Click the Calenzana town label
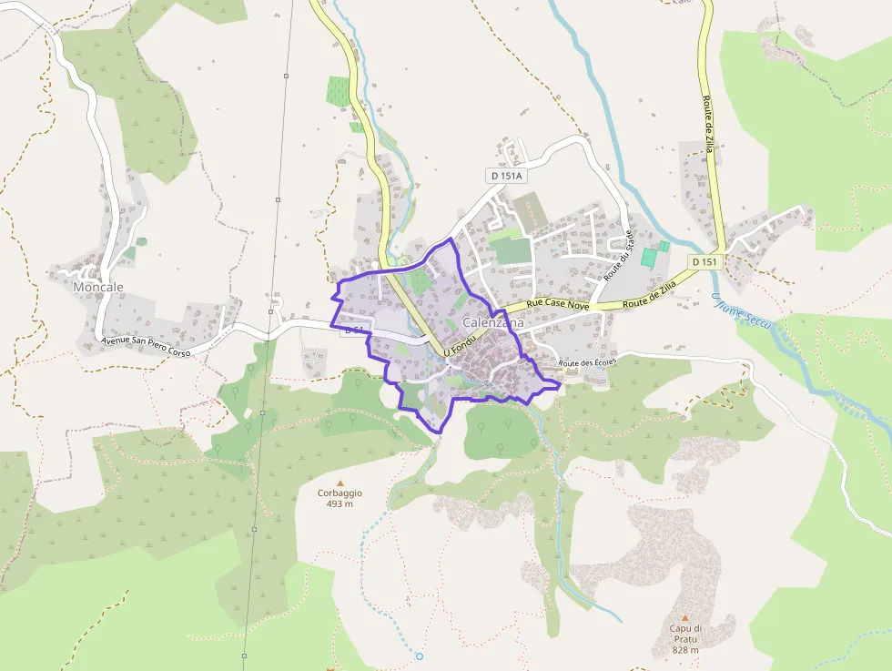tap(492, 323)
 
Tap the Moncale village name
tap(97, 287)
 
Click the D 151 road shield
tap(704, 262)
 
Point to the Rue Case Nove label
tap(559, 306)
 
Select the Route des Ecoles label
tap(587, 362)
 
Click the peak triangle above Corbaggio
tap(340, 483)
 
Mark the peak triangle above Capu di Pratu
tap(684, 617)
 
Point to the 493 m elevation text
tap(340, 503)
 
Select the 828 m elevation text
tap(684, 650)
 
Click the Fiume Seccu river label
tap(741, 311)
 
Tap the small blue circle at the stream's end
tap(420, 656)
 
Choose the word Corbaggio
tap(340, 493)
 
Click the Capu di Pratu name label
tap(684, 634)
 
